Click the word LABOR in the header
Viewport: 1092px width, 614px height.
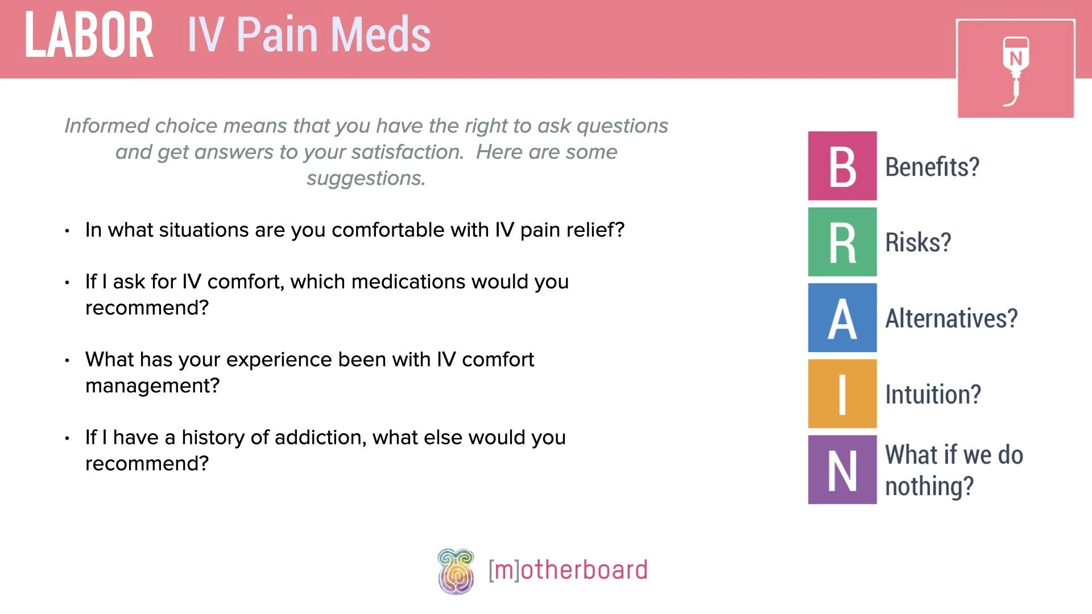(x=89, y=35)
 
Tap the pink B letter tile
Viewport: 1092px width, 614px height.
(x=842, y=166)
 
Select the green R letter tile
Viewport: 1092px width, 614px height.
(x=842, y=242)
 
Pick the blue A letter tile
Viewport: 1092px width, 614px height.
(x=842, y=318)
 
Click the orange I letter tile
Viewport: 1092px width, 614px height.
(x=842, y=393)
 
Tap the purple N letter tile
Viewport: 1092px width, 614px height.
(x=842, y=470)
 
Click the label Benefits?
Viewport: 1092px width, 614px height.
(x=932, y=167)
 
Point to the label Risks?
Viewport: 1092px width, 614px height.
(x=917, y=243)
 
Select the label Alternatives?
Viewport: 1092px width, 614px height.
(x=951, y=318)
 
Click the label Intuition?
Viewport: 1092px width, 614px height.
(x=933, y=395)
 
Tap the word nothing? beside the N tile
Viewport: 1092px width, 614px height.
(x=929, y=487)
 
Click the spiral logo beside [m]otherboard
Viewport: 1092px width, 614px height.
(x=456, y=571)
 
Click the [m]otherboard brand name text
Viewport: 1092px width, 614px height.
(x=568, y=570)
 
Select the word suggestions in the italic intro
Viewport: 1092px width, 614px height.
(x=366, y=179)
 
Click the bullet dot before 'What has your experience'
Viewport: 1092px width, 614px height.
(x=67, y=360)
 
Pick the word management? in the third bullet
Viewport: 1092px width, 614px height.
(x=152, y=385)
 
